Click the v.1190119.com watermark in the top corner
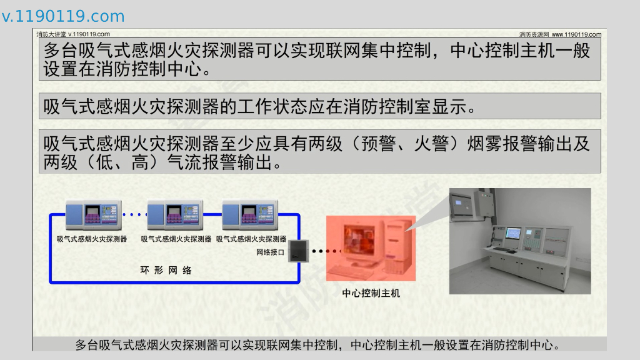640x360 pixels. (x=63, y=16)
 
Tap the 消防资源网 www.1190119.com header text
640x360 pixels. (x=560, y=34)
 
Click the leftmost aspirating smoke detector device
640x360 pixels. (x=94, y=215)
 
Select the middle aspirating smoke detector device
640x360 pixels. (x=175, y=215)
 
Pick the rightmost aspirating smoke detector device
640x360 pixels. (x=250, y=215)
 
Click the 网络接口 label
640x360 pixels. (x=270, y=252)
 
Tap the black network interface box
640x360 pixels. (x=298, y=251)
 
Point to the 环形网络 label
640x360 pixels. (x=166, y=270)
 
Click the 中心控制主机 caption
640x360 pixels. (x=371, y=293)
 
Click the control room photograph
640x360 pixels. (x=520, y=241)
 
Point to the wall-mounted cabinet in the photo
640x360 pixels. (x=484, y=203)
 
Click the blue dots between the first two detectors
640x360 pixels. (x=134, y=214)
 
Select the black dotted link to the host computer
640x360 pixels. (x=325, y=251)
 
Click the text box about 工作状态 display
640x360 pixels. (x=319, y=106)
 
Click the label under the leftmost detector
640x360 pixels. (x=92, y=239)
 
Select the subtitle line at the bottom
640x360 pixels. (x=317, y=345)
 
